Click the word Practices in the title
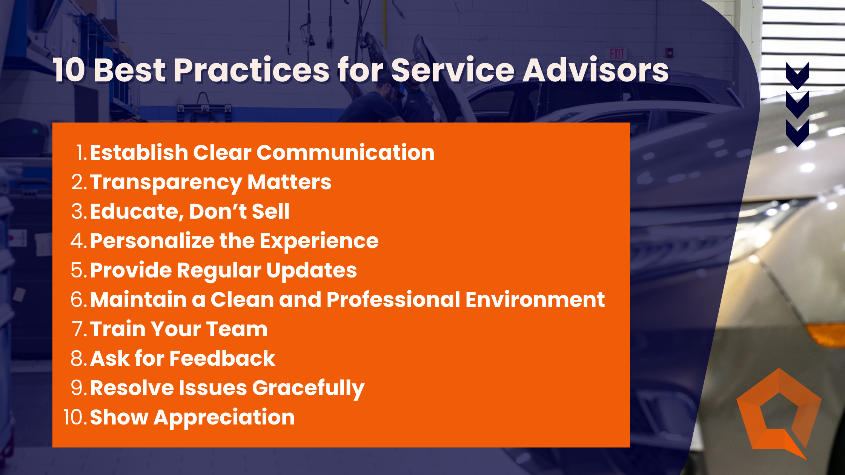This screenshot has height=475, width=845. (x=252, y=70)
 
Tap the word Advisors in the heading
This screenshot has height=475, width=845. (x=595, y=70)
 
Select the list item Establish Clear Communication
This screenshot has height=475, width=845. (x=262, y=153)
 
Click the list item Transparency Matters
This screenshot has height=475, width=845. (x=210, y=182)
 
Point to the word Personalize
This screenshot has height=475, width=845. (x=152, y=241)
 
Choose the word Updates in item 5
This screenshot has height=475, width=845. (x=311, y=270)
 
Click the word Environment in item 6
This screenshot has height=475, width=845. (x=535, y=300)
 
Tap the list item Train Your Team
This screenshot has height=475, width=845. (x=179, y=329)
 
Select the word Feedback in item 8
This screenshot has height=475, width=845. (x=222, y=359)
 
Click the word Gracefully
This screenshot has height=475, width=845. (x=308, y=388)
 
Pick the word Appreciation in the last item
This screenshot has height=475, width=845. (x=224, y=417)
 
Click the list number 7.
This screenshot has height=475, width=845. (x=80, y=329)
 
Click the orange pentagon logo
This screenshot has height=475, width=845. (x=779, y=413)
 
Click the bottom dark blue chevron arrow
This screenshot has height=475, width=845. (x=797, y=133)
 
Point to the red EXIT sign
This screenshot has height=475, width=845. (x=617, y=54)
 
